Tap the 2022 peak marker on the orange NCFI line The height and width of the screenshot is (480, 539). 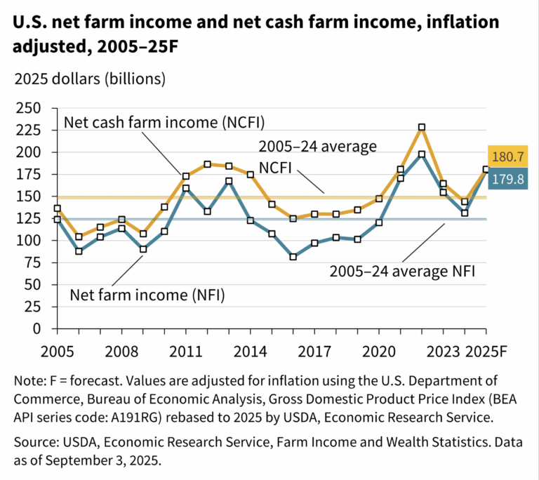pos(422,127)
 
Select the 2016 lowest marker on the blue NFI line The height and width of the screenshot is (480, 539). pos(293,257)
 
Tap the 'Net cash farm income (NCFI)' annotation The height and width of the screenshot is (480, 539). pos(164,122)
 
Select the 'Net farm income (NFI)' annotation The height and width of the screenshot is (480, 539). pos(147,294)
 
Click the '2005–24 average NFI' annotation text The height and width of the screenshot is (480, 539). pos(403,270)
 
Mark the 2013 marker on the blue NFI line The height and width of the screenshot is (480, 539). pos(229,181)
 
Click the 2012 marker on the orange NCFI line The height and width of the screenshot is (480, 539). pos(207,164)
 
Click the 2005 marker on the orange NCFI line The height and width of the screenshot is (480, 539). pos(57,208)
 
